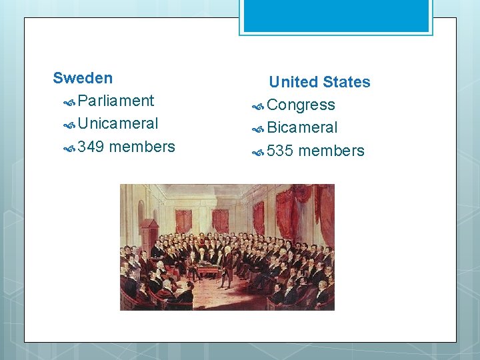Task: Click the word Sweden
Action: [x=83, y=78]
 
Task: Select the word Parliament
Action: [x=115, y=101]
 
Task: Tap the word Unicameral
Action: [x=118, y=123]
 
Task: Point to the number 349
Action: [x=91, y=147]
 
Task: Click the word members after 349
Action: [x=142, y=147]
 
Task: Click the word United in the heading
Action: [x=293, y=82]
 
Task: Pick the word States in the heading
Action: [x=346, y=82]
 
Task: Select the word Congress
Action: [x=301, y=105]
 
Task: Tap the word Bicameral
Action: [x=302, y=127]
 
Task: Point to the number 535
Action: [x=280, y=151]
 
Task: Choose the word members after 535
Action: [x=331, y=151]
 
